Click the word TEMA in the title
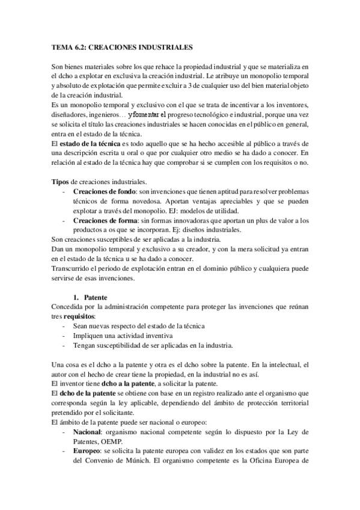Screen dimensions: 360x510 (x=58, y=46)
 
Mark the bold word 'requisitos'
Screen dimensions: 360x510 (x=79, y=316)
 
